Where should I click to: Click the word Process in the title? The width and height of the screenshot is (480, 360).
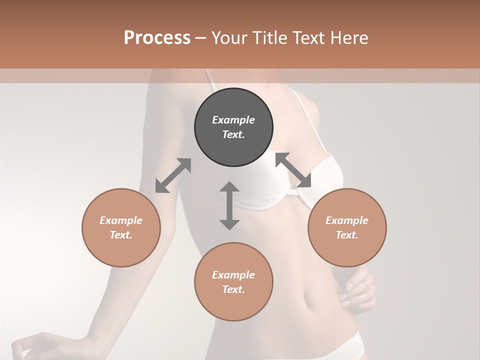pyautogui.click(x=157, y=37)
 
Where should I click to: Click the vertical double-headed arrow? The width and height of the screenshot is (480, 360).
pyautogui.click(x=229, y=206)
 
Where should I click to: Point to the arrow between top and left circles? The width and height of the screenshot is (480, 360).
pyautogui.click(x=173, y=175)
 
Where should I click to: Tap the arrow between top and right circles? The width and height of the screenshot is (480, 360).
pyautogui.click(x=293, y=170)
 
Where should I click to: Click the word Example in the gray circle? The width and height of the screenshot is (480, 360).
pyautogui.click(x=233, y=120)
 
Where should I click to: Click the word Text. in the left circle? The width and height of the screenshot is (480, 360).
pyautogui.click(x=121, y=235)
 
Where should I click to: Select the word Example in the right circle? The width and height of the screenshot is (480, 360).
pyautogui.click(x=347, y=220)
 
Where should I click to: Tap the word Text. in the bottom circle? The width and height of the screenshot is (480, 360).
pyautogui.click(x=233, y=289)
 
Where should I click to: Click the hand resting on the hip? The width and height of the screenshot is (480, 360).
pyautogui.click(x=358, y=289)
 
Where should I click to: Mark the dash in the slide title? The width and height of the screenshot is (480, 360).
pyautogui.click(x=201, y=38)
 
